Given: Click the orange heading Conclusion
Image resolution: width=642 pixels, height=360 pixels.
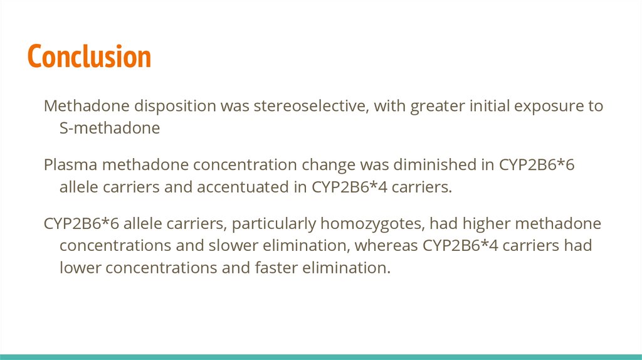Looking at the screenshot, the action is pyautogui.click(x=89, y=56).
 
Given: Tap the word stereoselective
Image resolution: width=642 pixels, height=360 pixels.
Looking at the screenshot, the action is pyautogui.click(x=309, y=105).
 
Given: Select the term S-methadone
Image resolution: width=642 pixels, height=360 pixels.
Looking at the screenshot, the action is pyautogui.click(x=110, y=128).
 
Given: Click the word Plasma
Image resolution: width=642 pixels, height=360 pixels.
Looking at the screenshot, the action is pyautogui.click(x=70, y=165).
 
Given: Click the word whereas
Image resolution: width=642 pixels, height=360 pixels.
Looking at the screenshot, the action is pyautogui.click(x=386, y=246).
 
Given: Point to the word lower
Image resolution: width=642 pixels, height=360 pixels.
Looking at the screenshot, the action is pyautogui.click(x=80, y=268).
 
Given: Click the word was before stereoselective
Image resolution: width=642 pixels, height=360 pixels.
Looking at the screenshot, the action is pyautogui.click(x=234, y=107).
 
